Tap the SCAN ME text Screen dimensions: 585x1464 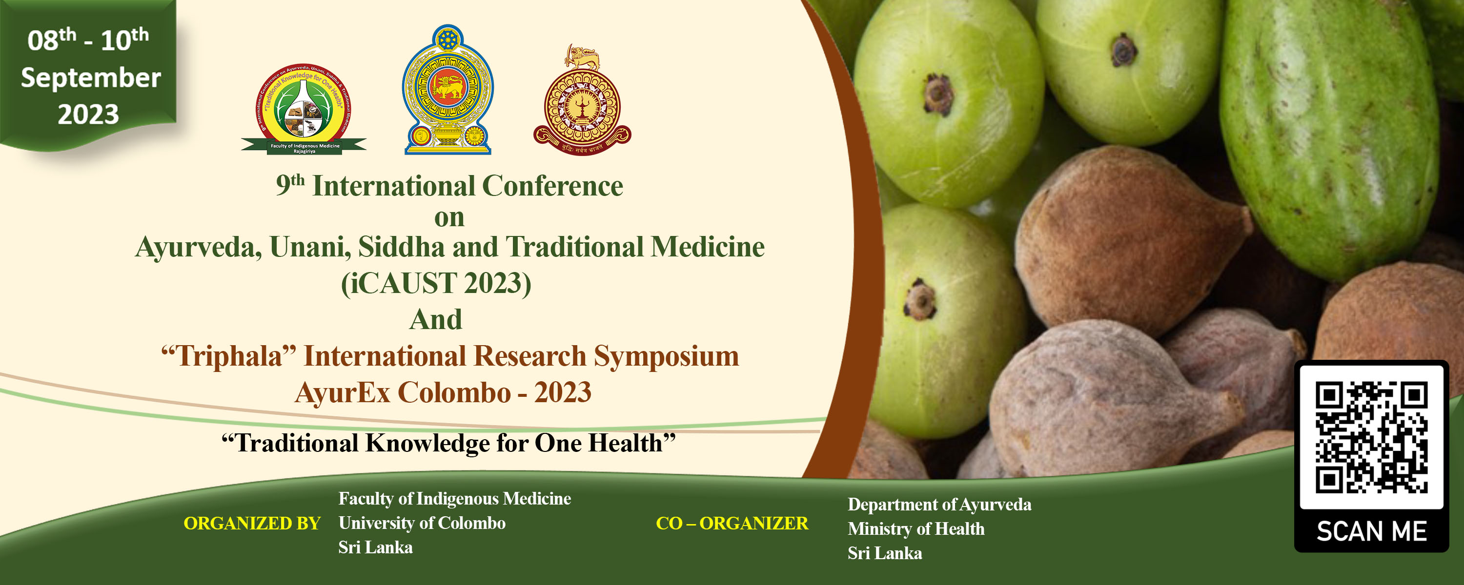1371,531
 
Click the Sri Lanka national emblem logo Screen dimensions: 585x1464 448,90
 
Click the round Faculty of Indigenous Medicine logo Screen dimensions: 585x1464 304,108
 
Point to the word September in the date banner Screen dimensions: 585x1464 91,78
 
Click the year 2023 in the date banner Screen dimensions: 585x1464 89,114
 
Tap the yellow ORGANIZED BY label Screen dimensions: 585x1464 252,523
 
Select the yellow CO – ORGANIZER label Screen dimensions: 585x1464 732,523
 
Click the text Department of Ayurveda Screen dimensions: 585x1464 939,505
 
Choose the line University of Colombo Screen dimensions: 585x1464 422,523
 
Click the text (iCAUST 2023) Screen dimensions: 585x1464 436,283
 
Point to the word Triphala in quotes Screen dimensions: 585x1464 228,356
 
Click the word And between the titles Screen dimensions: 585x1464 436,319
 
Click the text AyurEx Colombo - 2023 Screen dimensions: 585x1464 443,392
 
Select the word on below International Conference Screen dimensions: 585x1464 449,217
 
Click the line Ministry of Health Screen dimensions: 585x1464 915,529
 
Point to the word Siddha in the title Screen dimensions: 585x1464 401,247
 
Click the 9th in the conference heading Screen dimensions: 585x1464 290,185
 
